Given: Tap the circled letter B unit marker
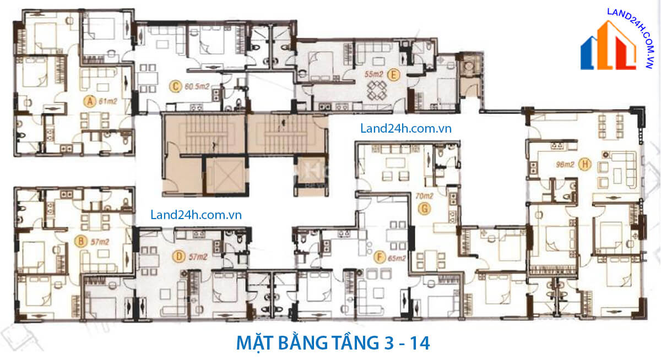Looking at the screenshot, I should (x=80, y=241).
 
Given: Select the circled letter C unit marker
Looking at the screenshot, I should (x=175, y=86).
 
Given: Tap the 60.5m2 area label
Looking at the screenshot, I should (x=196, y=86).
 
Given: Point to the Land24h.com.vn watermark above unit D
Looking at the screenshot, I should (x=196, y=215).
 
